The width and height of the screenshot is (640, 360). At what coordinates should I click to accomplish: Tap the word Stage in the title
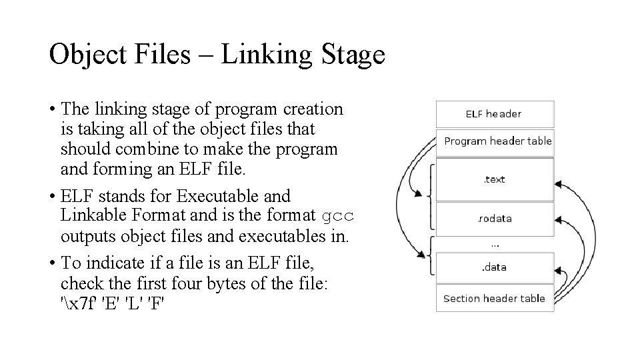pyautogui.click(x=352, y=55)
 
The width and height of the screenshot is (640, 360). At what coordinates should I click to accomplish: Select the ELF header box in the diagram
pyautogui.click(x=494, y=113)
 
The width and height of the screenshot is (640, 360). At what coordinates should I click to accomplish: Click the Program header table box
pyautogui.click(x=497, y=141)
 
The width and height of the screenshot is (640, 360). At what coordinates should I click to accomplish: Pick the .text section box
pyautogui.click(x=495, y=179)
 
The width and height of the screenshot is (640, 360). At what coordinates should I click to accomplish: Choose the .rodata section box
pyautogui.click(x=495, y=219)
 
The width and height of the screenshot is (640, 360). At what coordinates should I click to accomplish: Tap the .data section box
pyautogui.click(x=494, y=267)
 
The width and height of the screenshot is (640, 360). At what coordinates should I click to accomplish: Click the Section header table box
pyautogui.click(x=494, y=299)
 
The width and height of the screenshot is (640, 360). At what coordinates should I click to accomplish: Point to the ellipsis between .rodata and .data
pyautogui.click(x=495, y=245)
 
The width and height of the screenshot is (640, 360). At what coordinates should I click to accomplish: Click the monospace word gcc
pyautogui.click(x=338, y=217)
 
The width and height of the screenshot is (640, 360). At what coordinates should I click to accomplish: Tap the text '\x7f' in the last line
pyautogui.click(x=79, y=305)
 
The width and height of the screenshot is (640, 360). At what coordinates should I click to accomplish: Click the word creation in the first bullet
pyautogui.click(x=313, y=109)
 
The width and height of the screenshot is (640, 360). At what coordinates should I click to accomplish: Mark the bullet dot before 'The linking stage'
pyautogui.click(x=52, y=109)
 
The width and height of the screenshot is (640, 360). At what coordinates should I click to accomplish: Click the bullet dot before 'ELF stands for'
pyautogui.click(x=52, y=197)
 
